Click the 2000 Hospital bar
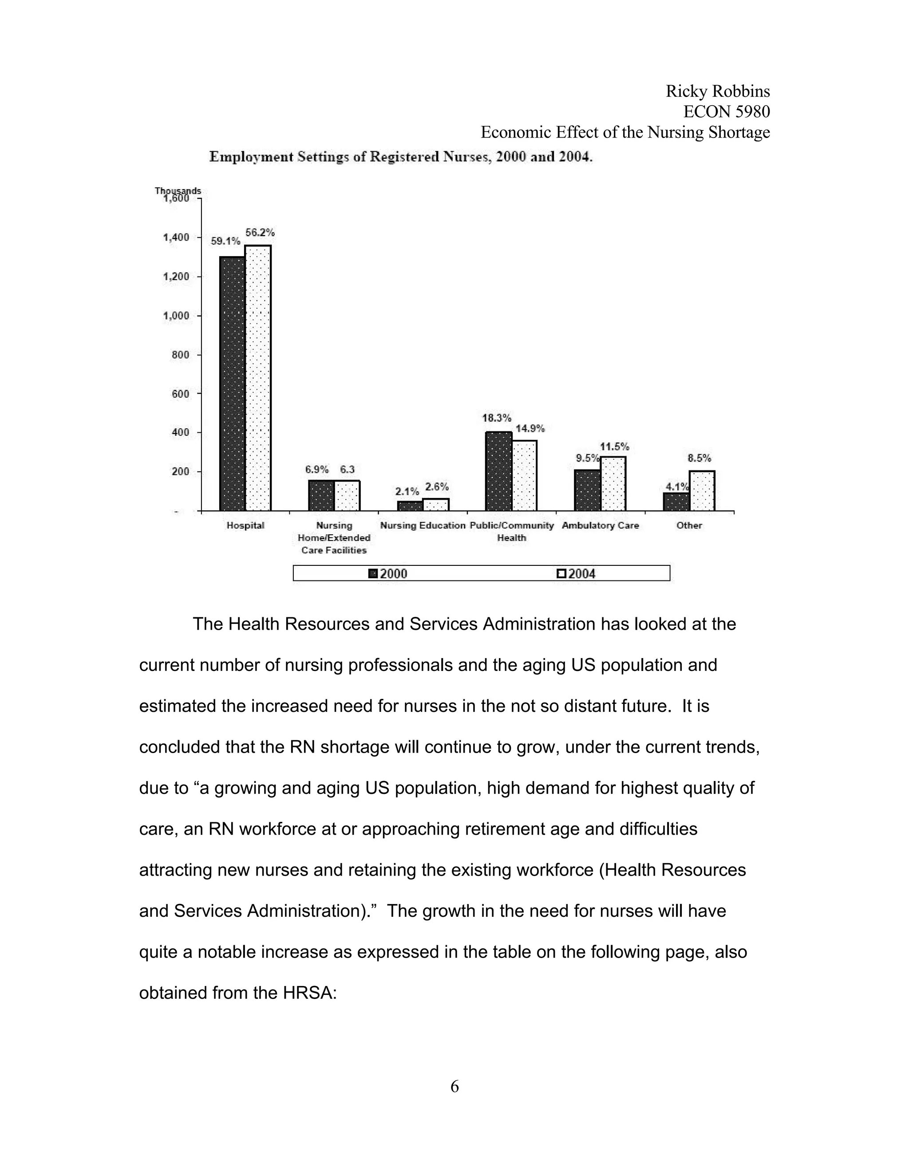232,383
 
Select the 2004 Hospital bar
258,378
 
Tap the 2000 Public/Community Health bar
498,471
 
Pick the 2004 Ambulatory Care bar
613,484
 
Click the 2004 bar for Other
702,490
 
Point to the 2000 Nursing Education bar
410,505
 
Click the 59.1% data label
225,242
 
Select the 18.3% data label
497,418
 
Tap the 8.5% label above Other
699,458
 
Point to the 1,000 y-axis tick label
176,316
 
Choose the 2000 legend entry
388,573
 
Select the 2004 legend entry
577,573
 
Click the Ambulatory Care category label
601,525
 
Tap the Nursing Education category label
423,525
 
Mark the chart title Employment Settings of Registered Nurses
401,157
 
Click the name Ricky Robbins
717,91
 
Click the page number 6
454,1087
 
